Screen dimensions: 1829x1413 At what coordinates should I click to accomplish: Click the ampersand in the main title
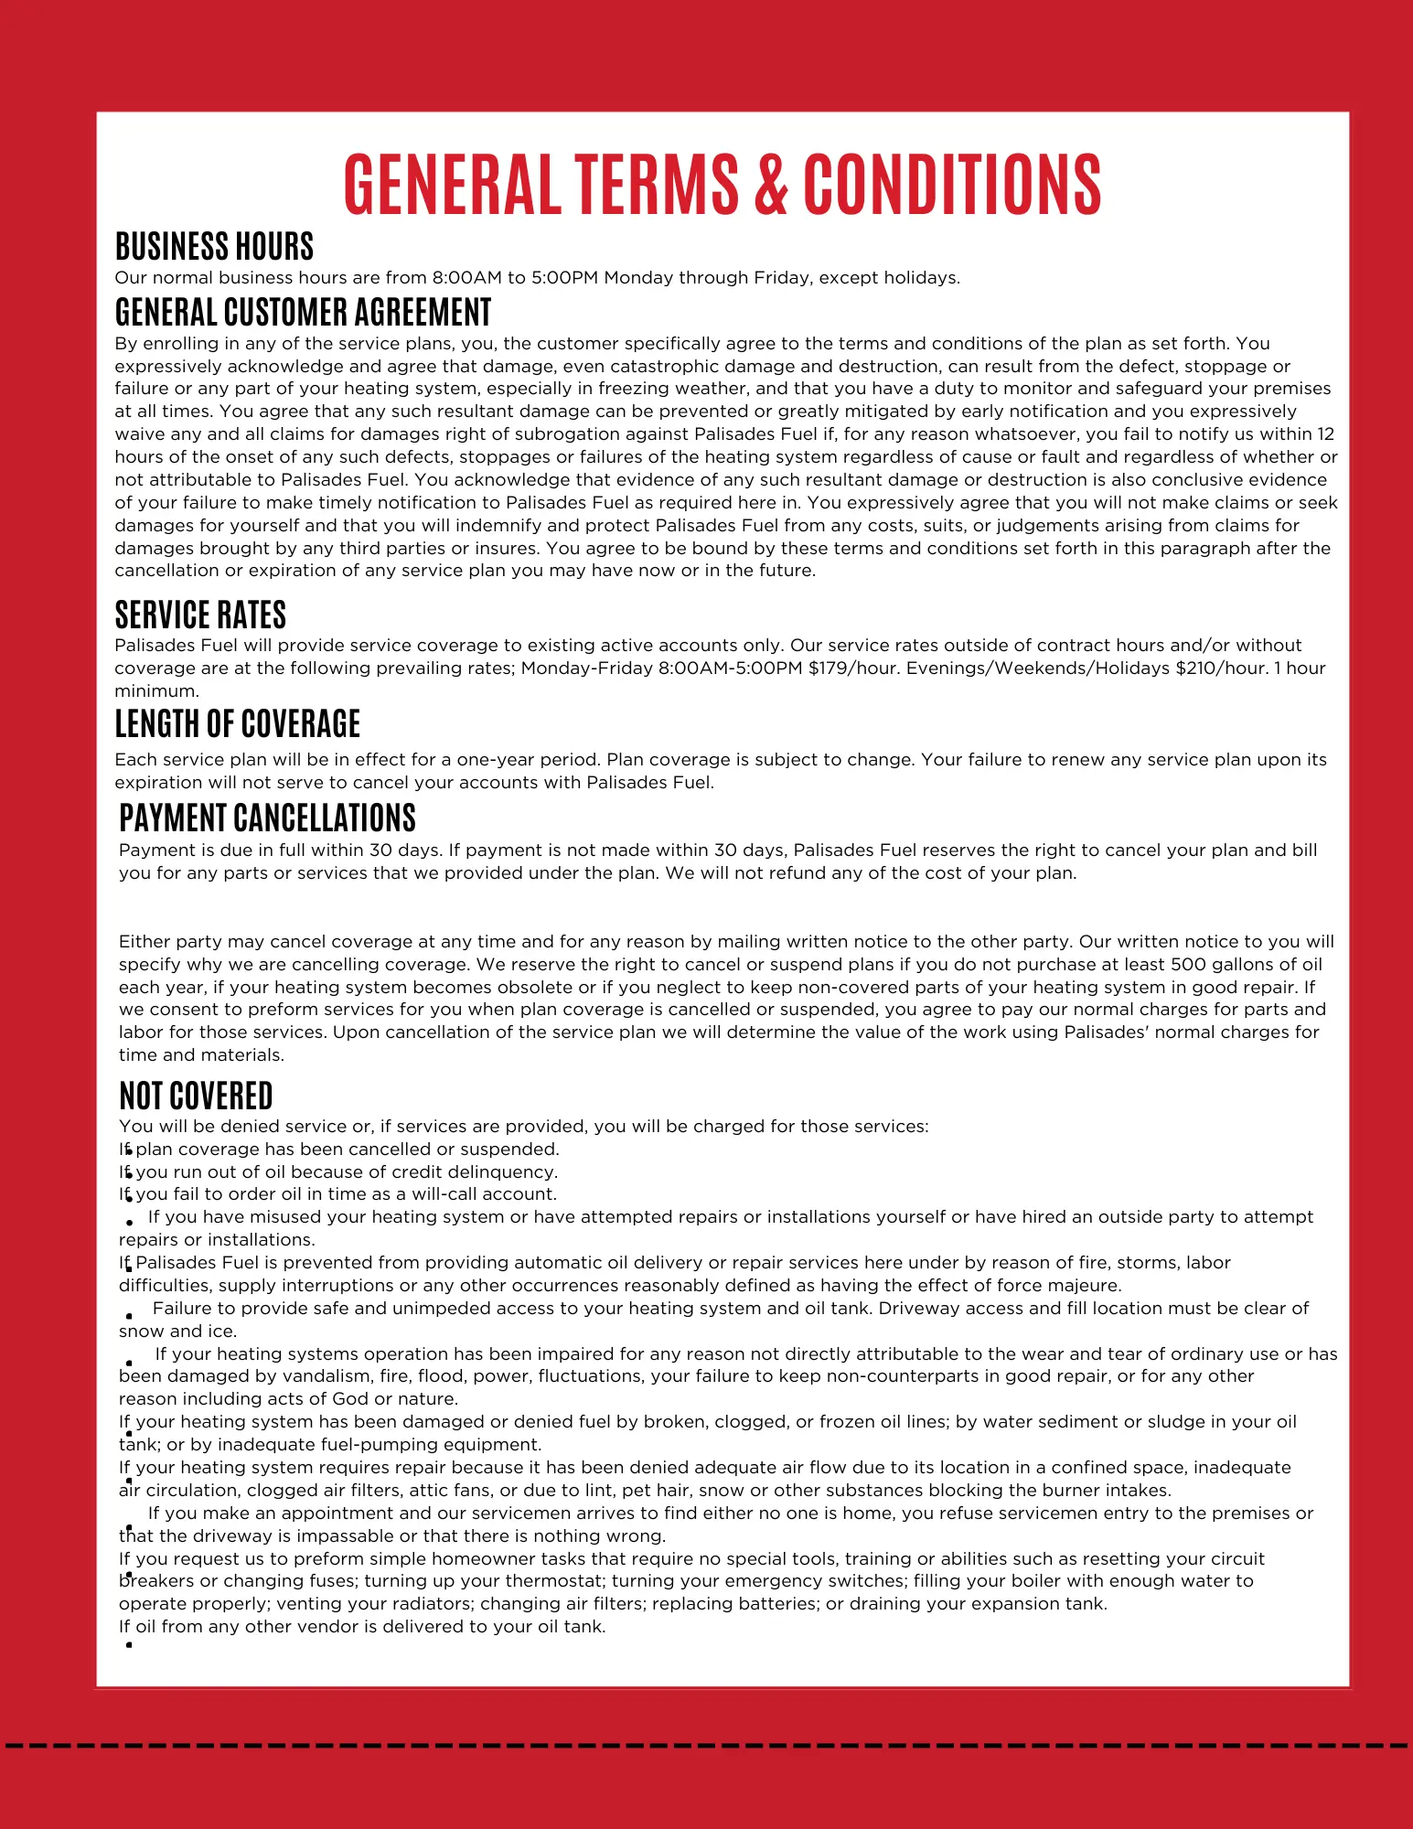(x=771, y=184)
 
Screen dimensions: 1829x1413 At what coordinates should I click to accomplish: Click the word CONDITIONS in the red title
(x=952, y=184)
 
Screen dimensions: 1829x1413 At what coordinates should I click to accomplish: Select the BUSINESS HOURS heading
(x=214, y=247)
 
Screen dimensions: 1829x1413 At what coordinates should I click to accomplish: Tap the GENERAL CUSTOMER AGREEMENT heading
(x=303, y=312)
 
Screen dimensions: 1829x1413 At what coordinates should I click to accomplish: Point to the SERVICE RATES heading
(x=200, y=615)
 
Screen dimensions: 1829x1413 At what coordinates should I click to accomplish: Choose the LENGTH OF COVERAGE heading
(x=238, y=723)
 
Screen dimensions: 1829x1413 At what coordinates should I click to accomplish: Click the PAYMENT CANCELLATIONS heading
(x=267, y=818)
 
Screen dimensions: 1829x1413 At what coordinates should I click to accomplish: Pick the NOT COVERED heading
(x=196, y=1096)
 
